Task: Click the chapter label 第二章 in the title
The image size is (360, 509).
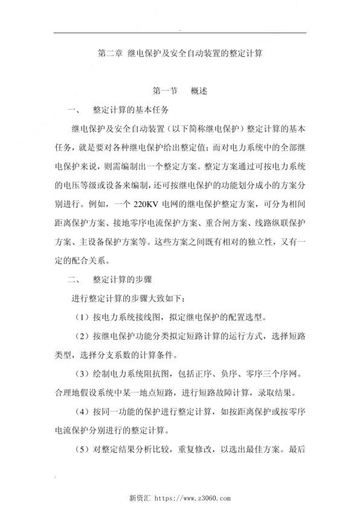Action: click(x=110, y=53)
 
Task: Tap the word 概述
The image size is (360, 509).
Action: click(x=199, y=92)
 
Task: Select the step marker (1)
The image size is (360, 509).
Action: click(x=84, y=317)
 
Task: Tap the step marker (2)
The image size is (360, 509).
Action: click(x=84, y=336)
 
